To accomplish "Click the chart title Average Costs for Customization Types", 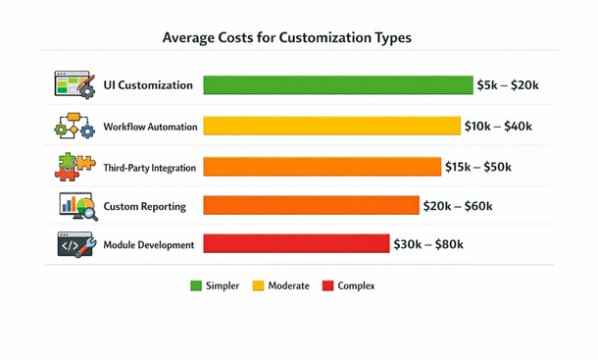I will [286, 38].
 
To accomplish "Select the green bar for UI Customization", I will [337, 85].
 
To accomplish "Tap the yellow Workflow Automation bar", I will [331, 127].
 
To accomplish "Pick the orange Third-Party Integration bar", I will [322, 168].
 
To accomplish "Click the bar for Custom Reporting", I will [311, 205].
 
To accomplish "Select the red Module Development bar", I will [296, 244].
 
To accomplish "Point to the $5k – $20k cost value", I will [507, 85].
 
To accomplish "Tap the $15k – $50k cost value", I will [478, 168].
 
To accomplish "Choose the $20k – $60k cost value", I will [457, 206].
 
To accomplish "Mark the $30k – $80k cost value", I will [428, 244].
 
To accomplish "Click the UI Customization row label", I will [148, 85].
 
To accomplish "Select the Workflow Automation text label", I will [150, 127].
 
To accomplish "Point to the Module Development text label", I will [149, 244].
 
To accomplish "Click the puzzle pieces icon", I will [75, 167].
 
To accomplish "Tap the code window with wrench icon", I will [75, 244].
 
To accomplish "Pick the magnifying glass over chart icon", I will [76, 206].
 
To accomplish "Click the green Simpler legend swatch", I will [196, 286].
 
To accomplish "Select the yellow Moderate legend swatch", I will [259, 286].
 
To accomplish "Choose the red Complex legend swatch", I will [327, 286].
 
